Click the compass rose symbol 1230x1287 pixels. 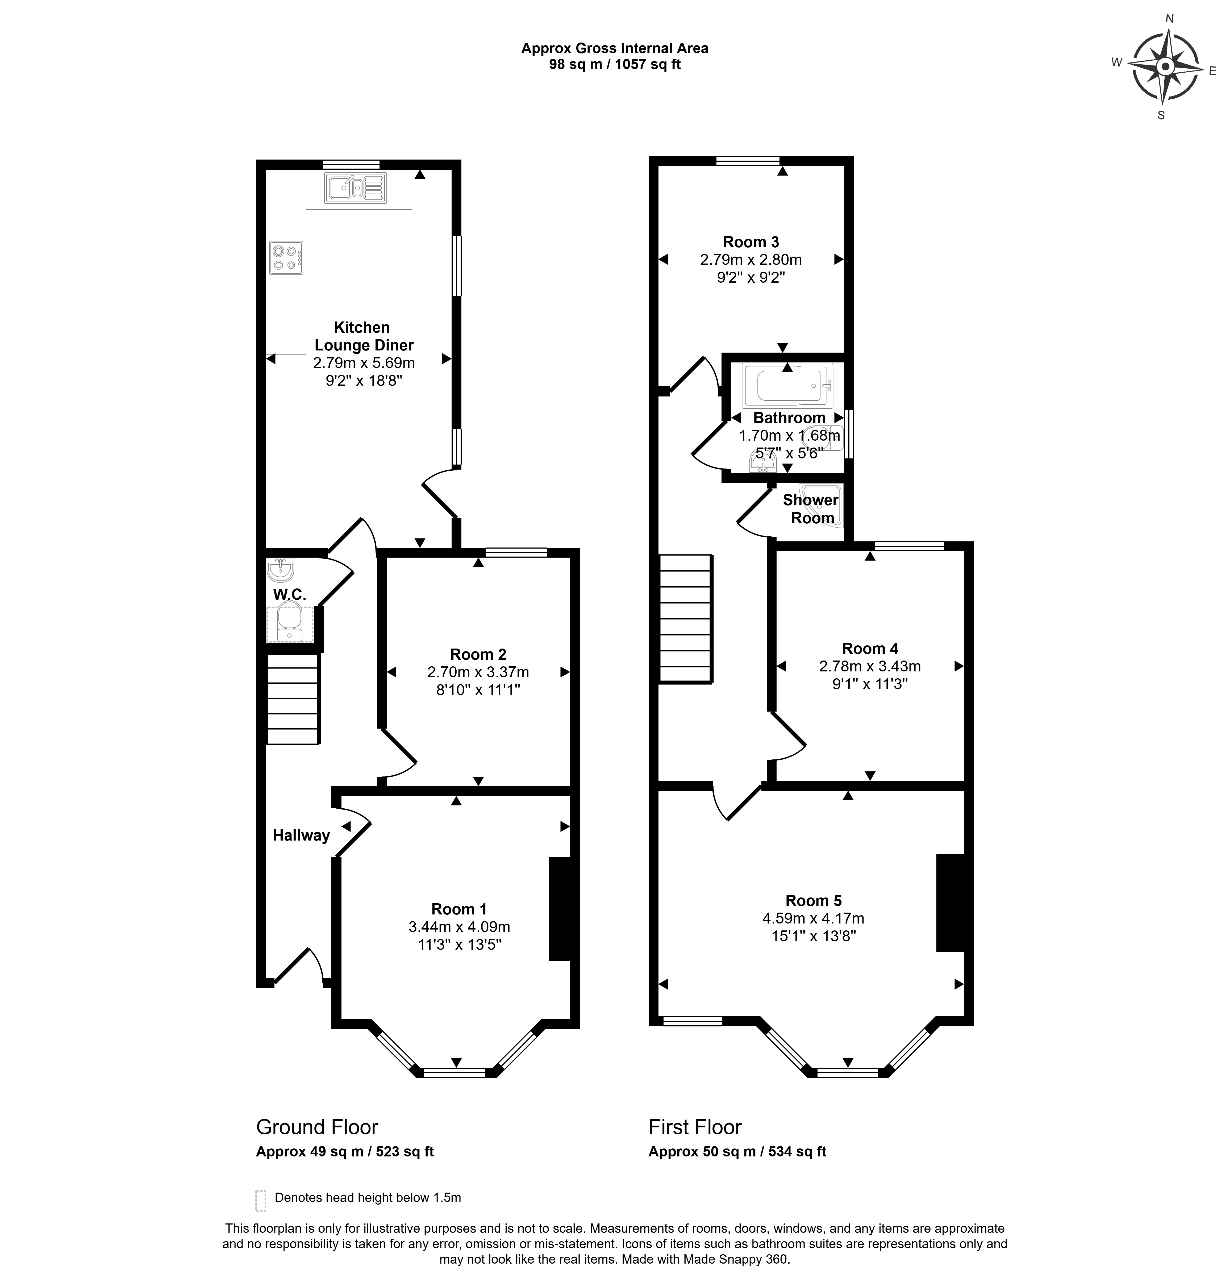[x=1165, y=67]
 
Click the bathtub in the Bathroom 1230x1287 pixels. [x=787, y=386]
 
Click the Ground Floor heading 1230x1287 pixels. [x=317, y=1127]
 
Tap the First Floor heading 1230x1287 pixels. [x=695, y=1127]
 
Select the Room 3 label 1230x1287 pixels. [x=751, y=242]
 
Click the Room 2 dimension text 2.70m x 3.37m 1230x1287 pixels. [x=478, y=672]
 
